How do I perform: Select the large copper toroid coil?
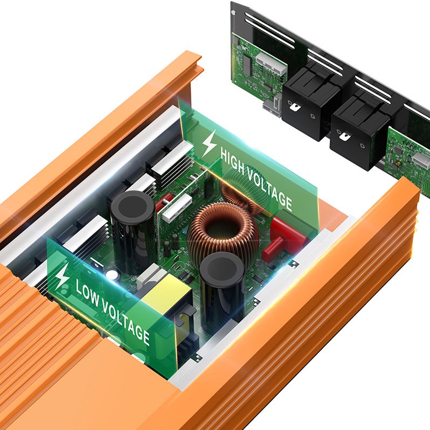coord(223,233)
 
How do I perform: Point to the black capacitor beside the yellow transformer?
coord(222,293)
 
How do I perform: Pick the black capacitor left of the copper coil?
coord(134,234)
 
